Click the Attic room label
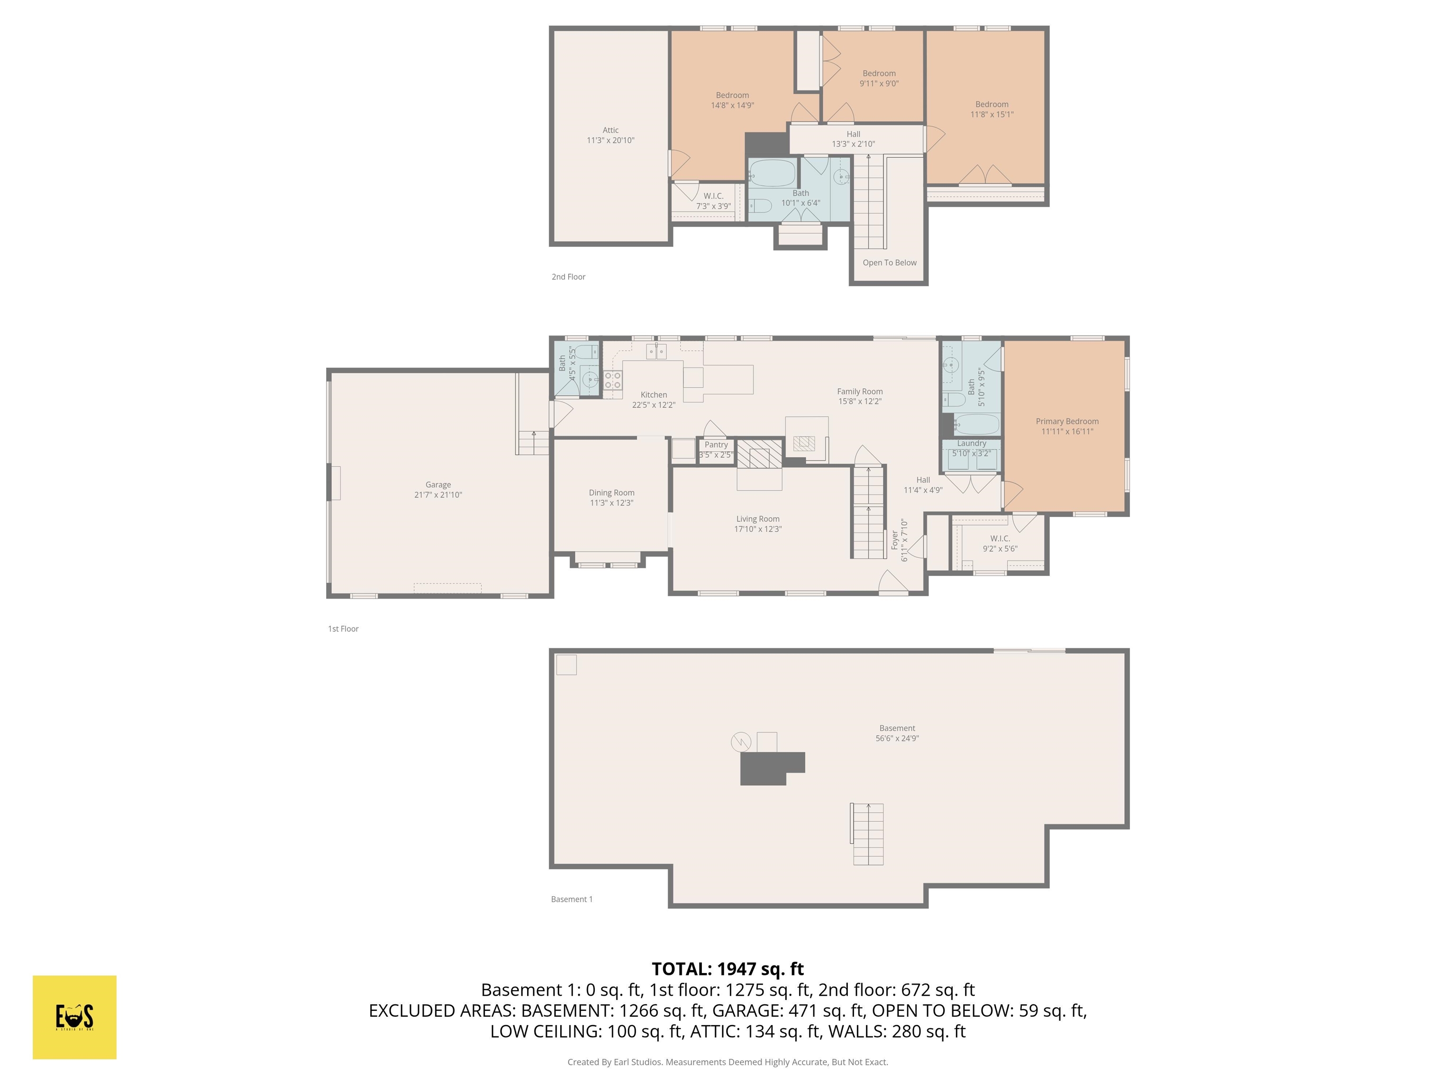coord(610,130)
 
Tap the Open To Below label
coord(889,263)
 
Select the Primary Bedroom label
coord(1066,421)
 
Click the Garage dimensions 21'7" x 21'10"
coord(438,495)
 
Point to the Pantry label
coord(716,445)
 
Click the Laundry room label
coord(972,444)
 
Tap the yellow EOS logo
coord(74,1017)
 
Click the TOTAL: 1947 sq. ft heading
coord(728,969)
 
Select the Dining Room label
coord(611,492)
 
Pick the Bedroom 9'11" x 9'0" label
coord(879,74)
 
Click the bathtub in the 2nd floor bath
coord(773,173)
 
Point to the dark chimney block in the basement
coord(767,768)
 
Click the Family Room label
coord(860,391)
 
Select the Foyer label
coord(894,540)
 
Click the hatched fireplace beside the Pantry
coord(759,454)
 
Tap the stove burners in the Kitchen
coord(612,380)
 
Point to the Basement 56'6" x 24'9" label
coord(897,728)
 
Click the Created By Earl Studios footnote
coord(728,1062)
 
